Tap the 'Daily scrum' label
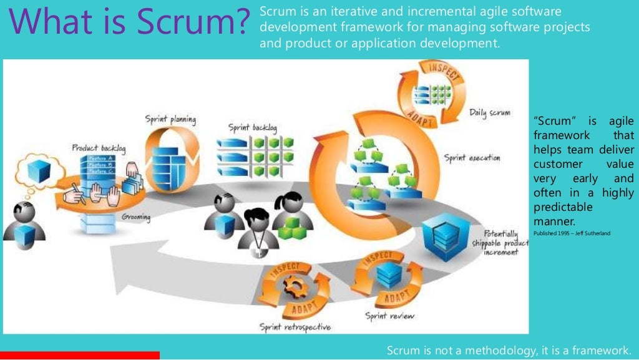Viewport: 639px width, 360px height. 489,114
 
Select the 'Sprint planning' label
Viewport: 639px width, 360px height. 170,119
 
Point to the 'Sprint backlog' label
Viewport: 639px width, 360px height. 252,128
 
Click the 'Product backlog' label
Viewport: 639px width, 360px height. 99,148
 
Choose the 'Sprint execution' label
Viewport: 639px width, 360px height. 472,158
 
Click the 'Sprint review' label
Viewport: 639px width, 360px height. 389,316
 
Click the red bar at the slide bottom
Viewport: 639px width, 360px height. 80,355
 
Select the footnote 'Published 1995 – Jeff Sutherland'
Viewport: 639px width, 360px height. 572,233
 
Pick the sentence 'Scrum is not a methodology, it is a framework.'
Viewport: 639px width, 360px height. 509,350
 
